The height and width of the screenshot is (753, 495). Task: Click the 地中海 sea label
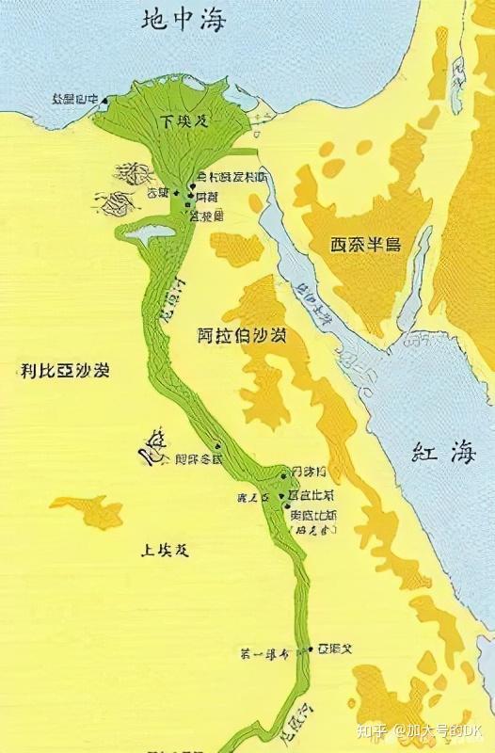coord(184,20)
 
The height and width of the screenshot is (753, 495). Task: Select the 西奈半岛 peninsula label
coord(365,245)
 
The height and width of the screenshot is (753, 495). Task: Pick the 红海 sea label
coord(439,453)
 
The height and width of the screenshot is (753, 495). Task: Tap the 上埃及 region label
coord(163,551)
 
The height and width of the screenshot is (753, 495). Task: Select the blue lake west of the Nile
coord(143,231)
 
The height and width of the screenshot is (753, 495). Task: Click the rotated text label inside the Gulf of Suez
coord(313,304)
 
